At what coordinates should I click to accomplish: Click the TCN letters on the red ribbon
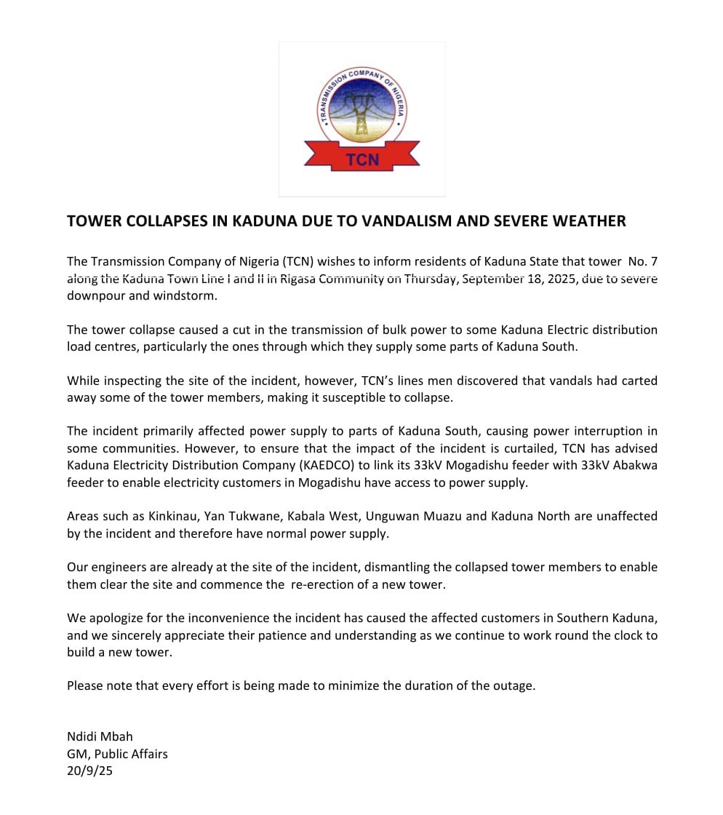(x=362, y=159)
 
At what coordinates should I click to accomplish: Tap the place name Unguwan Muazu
(x=421, y=516)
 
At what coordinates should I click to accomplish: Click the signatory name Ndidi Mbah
(x=100, y=736)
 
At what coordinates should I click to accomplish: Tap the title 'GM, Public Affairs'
(x=117, y=754)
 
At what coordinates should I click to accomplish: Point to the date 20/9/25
(x=89, y=771)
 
